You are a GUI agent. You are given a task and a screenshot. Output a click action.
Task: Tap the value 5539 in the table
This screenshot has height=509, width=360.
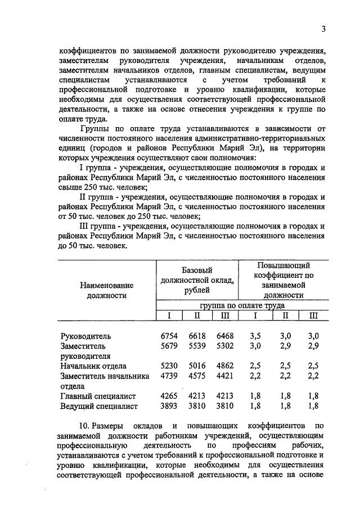click(x=197, y=346)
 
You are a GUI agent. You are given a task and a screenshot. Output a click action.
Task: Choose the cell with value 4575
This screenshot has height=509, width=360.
click(x=197, y=377)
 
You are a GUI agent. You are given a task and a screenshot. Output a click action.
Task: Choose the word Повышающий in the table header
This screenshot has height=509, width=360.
click(x=283, y=265)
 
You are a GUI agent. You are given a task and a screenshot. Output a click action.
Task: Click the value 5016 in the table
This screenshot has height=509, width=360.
click(x=197, y=367)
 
